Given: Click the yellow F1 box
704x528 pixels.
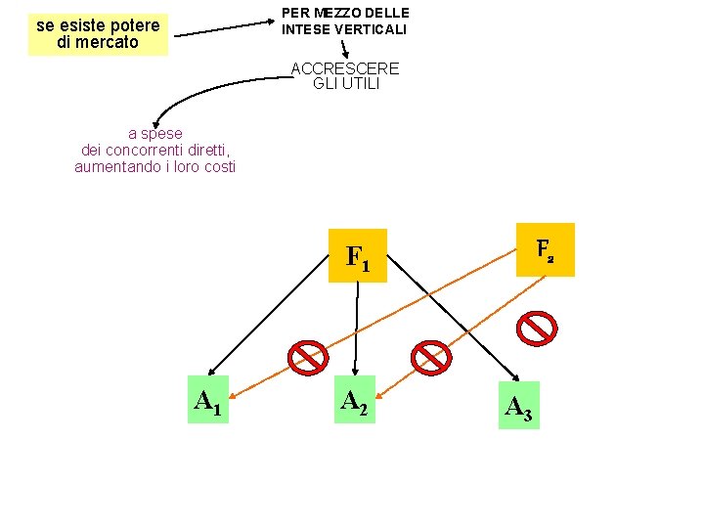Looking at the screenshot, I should (x=358, y=256).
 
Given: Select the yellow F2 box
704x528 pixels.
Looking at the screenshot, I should (x=545, y=249).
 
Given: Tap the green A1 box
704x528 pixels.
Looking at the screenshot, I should (x=208, y=399).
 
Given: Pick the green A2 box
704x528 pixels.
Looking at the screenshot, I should (x=354, y=399).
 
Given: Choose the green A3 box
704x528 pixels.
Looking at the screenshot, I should (x=518, y=405).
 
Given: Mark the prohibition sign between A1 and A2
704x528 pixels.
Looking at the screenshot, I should (x=306, y=358).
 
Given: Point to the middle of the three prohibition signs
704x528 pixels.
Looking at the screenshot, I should (x=430, y=358).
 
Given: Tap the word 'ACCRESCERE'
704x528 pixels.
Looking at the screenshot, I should (x=345, y=68).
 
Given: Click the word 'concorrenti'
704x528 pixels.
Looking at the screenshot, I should (x=158, y=151).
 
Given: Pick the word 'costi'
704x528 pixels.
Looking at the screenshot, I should (x=216, y=166).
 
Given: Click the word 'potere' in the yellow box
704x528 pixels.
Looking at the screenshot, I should (x=136, y=25).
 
